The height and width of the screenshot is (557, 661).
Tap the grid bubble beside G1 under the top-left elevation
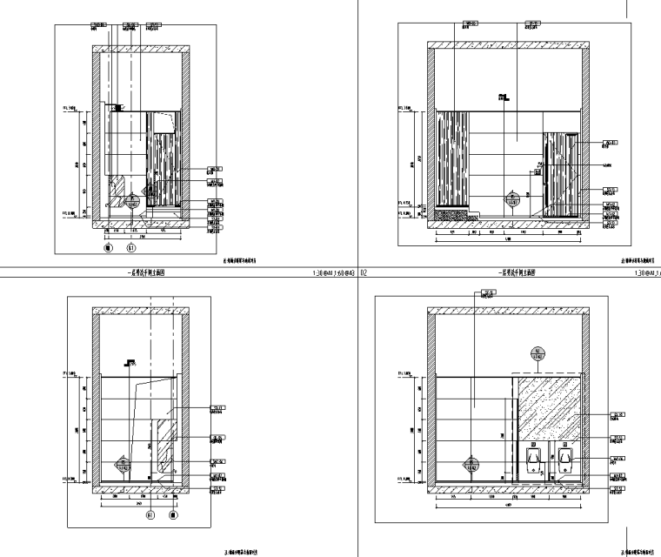(x=109, y=247)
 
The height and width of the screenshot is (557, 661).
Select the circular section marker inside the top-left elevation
(x=132, y=200)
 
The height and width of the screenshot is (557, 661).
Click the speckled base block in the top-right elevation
(x=453, y=213)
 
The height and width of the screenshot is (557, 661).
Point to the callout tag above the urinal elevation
(x=478, y=293)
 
